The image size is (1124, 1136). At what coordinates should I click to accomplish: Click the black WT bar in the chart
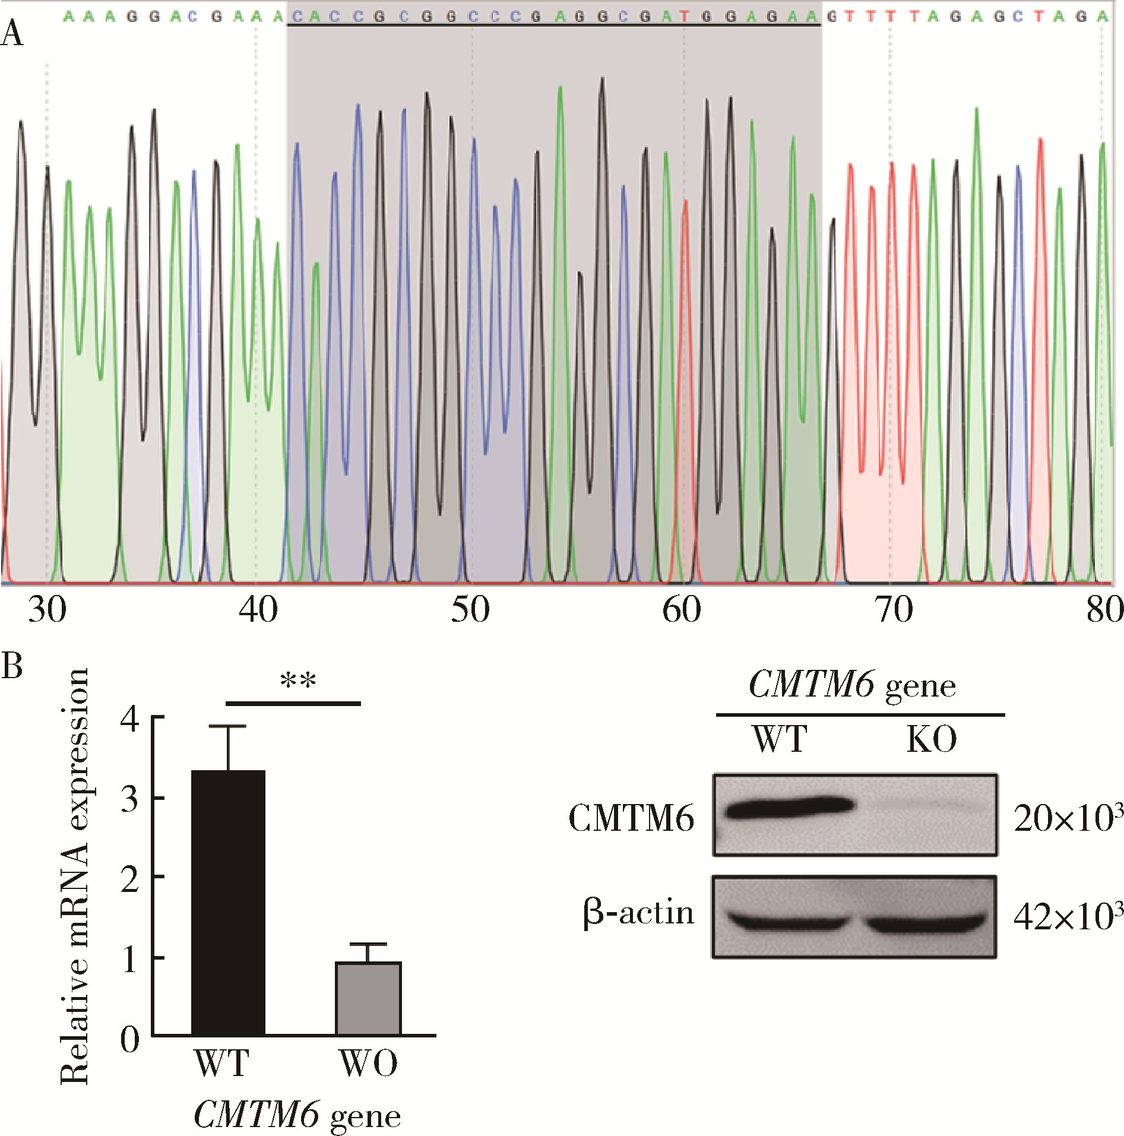pos(228,903)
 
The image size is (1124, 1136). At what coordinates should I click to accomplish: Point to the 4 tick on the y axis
pos(130,719)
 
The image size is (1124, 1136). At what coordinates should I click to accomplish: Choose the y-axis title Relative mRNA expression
pos(75,876)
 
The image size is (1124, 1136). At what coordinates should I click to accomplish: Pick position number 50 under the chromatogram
pos(470,610)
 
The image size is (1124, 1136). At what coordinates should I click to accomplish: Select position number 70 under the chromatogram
pos(894,610)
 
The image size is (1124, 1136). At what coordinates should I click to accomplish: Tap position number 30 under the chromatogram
pos(47,610)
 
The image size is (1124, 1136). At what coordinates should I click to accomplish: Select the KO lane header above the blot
pos(932,740)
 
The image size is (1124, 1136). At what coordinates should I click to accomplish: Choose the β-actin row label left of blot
pos(638,913)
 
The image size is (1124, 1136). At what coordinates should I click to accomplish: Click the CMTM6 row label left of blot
pos(631,819)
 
